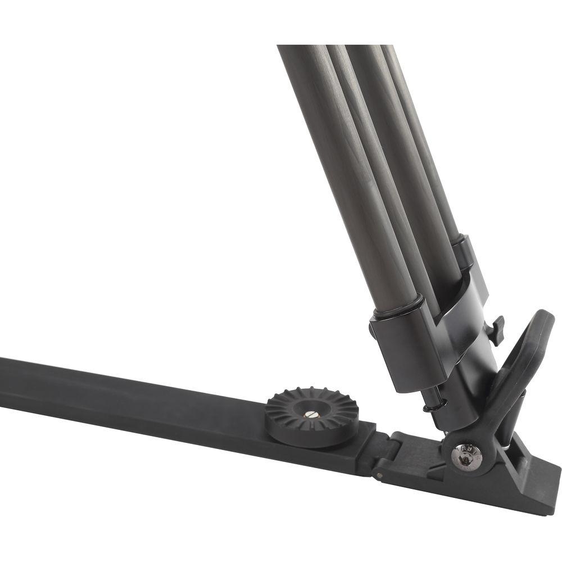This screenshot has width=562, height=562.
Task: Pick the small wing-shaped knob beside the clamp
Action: (x=497, y=330)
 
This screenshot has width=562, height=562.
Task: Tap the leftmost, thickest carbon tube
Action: (x=343, y=169)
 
